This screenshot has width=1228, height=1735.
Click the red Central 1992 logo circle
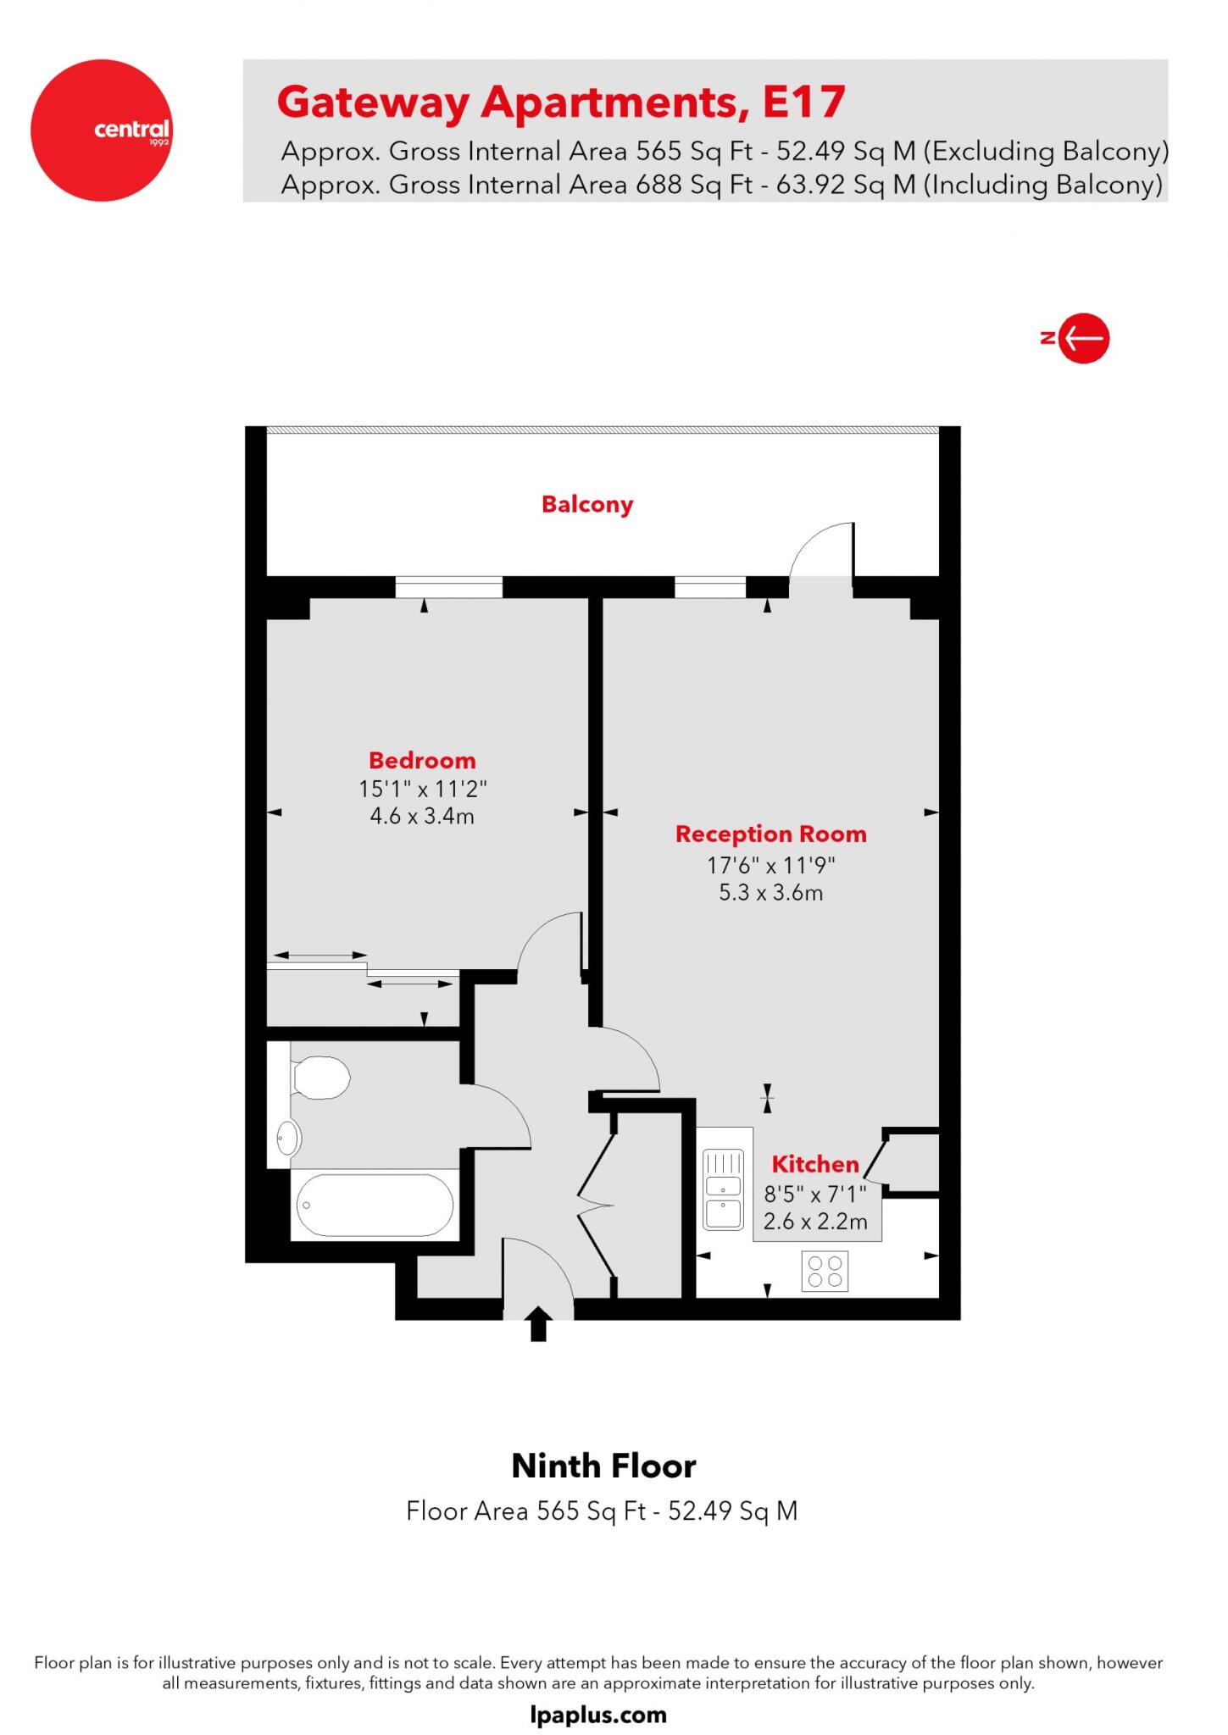102,130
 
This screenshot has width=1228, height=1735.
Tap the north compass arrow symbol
1084,339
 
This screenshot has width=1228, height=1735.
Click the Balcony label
587,505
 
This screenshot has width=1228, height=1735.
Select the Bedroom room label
422,760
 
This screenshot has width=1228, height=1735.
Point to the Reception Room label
770,834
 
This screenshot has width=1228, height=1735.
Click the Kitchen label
814,1164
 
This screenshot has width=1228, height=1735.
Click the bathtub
374,1205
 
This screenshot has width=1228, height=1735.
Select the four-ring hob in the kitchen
825,1272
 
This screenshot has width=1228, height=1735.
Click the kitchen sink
723,1189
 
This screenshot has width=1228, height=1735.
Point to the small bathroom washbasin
288,1138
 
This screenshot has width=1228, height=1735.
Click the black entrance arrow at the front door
538,1324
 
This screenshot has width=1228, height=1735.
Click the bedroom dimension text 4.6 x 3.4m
422,817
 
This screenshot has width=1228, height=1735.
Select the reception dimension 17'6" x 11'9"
770,865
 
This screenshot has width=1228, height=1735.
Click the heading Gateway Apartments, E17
561,103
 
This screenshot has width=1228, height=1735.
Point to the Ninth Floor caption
603,1466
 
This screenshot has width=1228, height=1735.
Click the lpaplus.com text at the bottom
598,1715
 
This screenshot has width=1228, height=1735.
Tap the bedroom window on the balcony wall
449,586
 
